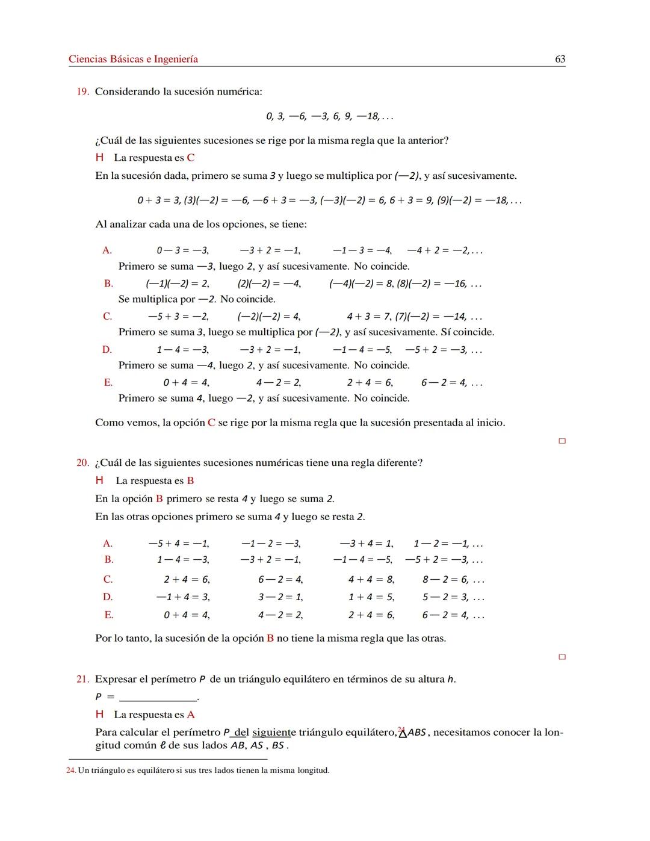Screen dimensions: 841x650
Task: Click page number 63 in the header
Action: click(x=560, y=59)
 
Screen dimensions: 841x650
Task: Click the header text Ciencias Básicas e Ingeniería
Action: click(x=133, y=59)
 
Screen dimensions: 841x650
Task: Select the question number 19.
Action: click(x=82, y=92)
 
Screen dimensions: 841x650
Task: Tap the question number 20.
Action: click(x=82, y=462)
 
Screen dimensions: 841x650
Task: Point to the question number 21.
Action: click(x=82, y=679)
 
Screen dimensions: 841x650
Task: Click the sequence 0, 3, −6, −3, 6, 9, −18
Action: click(x=329, y=116)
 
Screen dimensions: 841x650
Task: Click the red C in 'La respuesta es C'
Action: click(x=191, y=158)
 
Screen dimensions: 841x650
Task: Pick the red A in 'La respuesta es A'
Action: click(x=191, y=715)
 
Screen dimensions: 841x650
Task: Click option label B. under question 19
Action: click(x=108, y=284)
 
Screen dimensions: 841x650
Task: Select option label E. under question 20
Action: click(x=108, y=615)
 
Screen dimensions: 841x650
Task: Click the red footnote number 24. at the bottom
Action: click(x=71, y=771)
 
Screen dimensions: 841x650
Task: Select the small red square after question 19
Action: click(x=562, y=441)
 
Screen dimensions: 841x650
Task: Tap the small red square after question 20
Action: click(x=562, y=657)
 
